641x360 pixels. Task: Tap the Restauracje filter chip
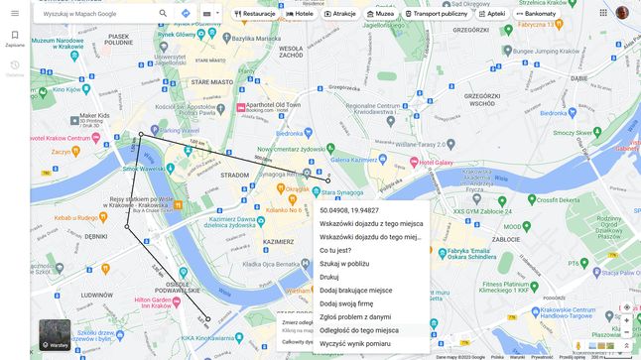[255, 14]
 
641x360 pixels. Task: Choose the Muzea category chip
[379, 14]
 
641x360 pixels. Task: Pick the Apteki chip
[491, 14]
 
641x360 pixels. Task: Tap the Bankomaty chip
[537, 14]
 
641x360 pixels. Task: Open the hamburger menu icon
[15, 13]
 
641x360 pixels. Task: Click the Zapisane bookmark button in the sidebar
[15, 39]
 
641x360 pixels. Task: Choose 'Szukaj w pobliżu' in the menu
[344, 264]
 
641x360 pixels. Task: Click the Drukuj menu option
[329, 277]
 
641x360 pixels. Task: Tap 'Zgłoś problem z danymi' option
[355, 316]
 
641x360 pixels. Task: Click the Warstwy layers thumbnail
[54, 335]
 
